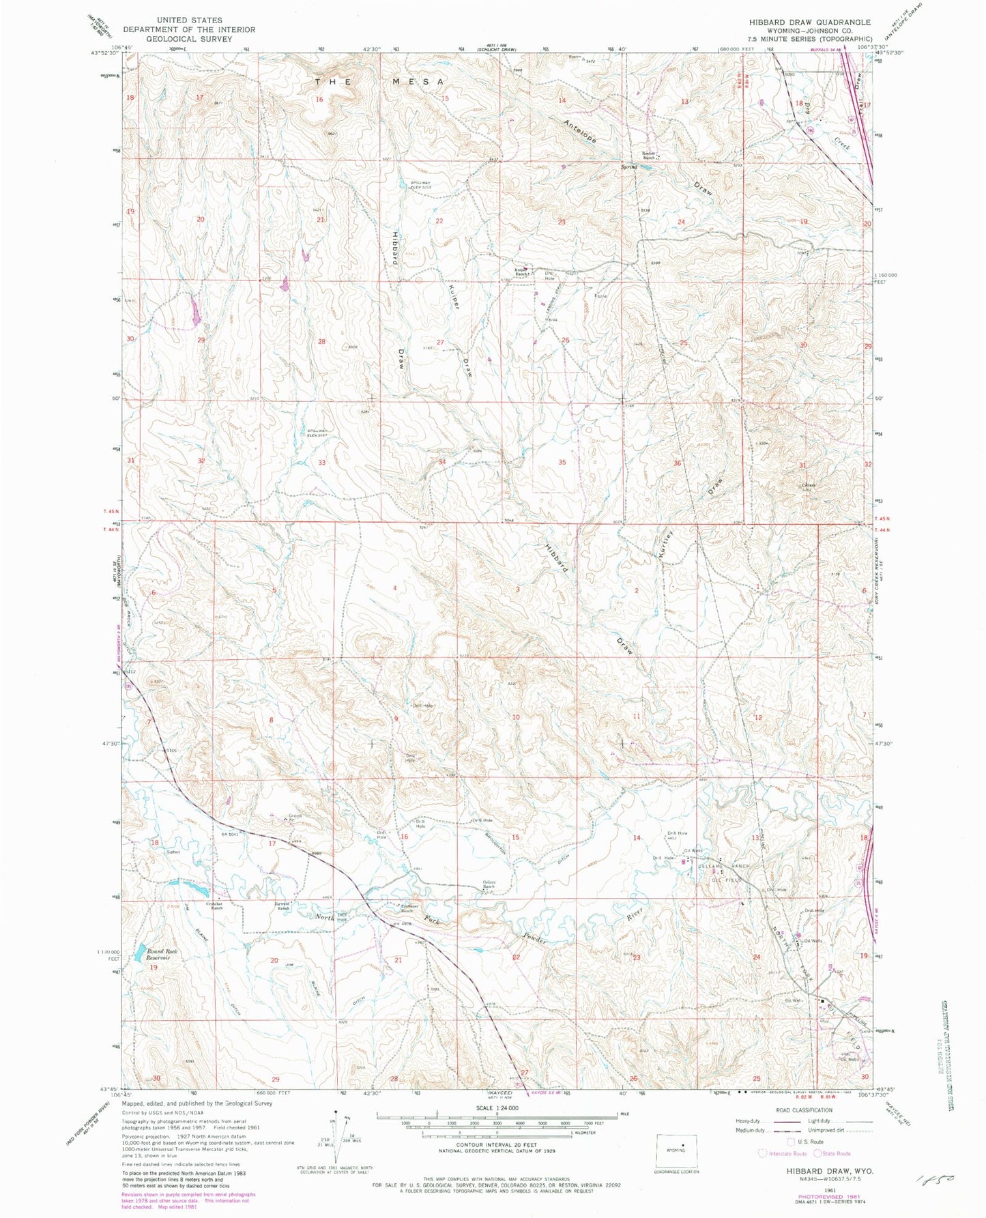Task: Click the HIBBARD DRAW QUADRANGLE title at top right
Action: (810, 22)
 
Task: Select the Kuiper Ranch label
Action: (521, 271)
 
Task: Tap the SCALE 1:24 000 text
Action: (496, 1108)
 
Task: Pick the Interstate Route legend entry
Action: (783, 1153)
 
